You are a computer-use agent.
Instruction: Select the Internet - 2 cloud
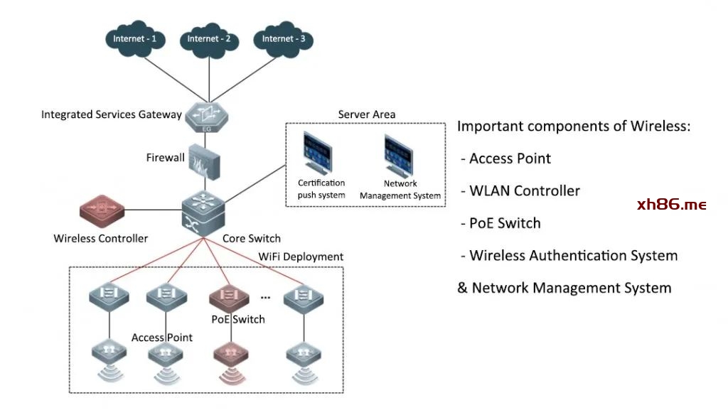pos(209,41)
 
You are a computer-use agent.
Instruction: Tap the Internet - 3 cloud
pos(283,41)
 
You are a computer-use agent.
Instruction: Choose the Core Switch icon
pos(203,210)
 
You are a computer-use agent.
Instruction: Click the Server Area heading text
pos(366,114)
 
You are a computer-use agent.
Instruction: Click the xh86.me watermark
pos(672,205)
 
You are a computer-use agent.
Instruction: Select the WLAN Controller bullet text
pos(525,191)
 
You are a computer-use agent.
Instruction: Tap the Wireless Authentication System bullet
pos(573,256)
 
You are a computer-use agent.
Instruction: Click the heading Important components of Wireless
pos(574,126)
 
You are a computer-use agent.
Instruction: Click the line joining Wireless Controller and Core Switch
pos(153,210)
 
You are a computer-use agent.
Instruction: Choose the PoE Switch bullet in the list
pos(505,223)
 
